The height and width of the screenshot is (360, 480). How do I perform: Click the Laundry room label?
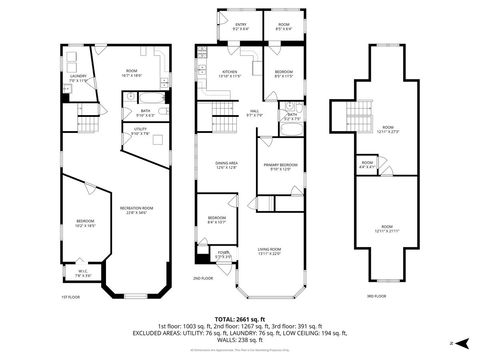point(78,77)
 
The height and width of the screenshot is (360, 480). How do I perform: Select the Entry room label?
point(240,26)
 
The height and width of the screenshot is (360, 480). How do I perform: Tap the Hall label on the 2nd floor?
point(254,112)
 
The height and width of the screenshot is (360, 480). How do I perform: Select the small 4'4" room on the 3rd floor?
point(367,164)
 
